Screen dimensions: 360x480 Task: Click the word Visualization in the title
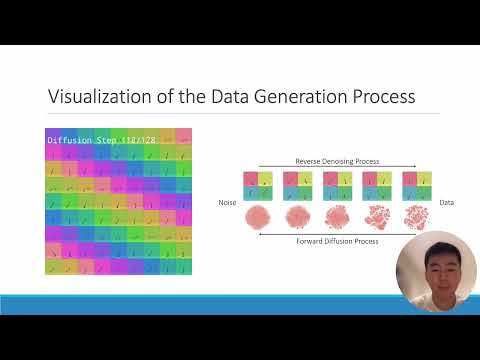[92, 97]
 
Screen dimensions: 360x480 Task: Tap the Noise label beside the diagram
[228, 203]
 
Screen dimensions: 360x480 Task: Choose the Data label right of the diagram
[446, 203]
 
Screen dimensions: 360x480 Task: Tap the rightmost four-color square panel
[416, 186]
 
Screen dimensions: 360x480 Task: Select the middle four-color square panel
[336, 186]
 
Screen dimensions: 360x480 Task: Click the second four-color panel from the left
[297, 186]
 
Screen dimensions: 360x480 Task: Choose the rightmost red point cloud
[416, 217]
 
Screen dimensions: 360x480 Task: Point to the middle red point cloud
[336, 217]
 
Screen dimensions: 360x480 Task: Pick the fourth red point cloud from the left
[376, 217]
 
